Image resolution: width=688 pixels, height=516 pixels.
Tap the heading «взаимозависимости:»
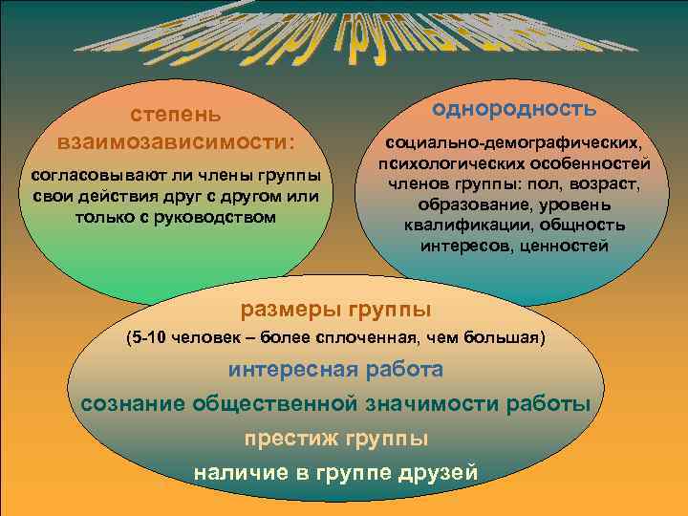coord(177,142)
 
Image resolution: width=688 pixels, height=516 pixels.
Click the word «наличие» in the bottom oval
coord(232,473)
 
